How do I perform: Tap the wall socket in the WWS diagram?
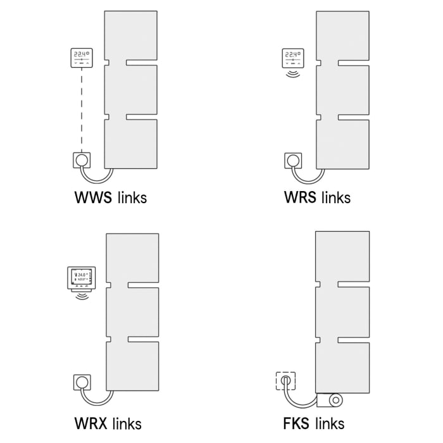(x=82, y=160)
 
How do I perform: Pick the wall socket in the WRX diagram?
(x=82, y=381)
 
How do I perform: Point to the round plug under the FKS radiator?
(x=334, y=399)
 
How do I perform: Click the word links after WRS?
(x=335, y=197)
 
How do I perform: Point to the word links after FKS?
(x=330, y=423)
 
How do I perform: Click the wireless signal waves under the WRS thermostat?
(x=292, y=75)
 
